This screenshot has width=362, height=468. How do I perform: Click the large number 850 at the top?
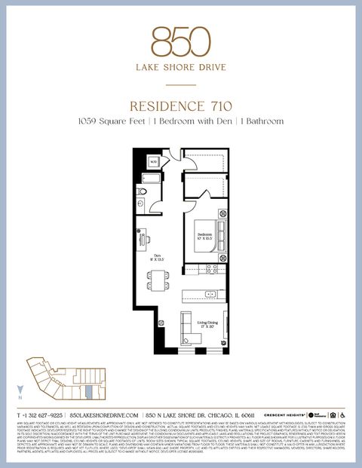(x=180, y=43)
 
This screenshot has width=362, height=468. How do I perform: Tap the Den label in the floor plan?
(x=158, y=257)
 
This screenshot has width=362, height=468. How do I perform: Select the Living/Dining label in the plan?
(x=207, y=325)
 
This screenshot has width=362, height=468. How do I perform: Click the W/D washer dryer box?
(x=153, y=161)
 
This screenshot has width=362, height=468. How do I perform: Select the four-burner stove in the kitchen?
(x=213, y=268)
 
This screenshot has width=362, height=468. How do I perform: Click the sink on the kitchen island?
(x=210, y=294)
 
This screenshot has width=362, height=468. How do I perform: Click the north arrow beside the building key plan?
(x=20, y=390)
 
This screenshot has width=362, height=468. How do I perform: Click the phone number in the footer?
(x=41, y=415)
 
